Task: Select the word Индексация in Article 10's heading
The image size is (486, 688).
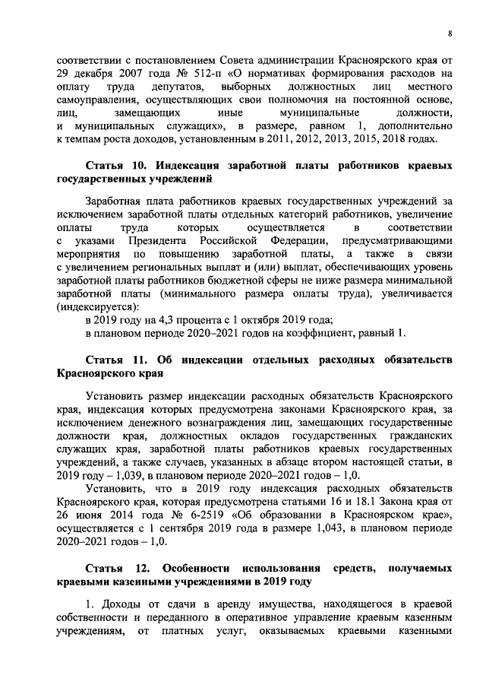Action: coord(190,165)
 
